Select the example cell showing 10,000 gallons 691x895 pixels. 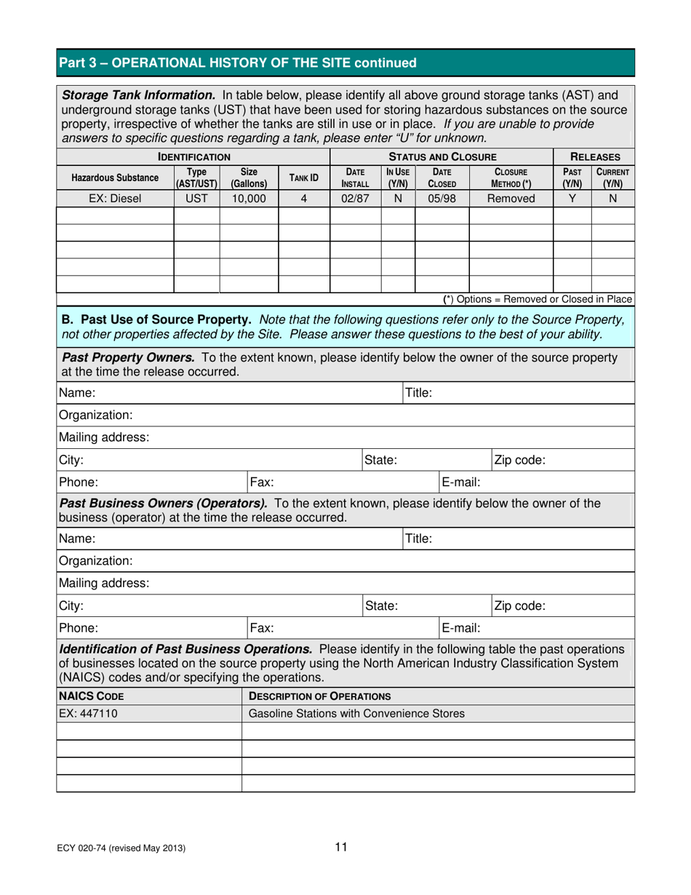pyautogui.click(x=249, y=197)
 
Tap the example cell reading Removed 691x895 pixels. pyautogui.click(x=511, y=197)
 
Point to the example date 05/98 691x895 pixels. pyautogui.click(x=442, y=197)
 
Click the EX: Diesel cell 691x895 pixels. pyautogui.click(x=115, y=197)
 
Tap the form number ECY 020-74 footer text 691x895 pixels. pyautogui.click(x=122, y=848)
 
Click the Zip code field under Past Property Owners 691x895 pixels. pyautogui.click(x=582, y=460)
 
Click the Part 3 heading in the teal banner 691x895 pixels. pyautogui.click(x=238, y=63)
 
